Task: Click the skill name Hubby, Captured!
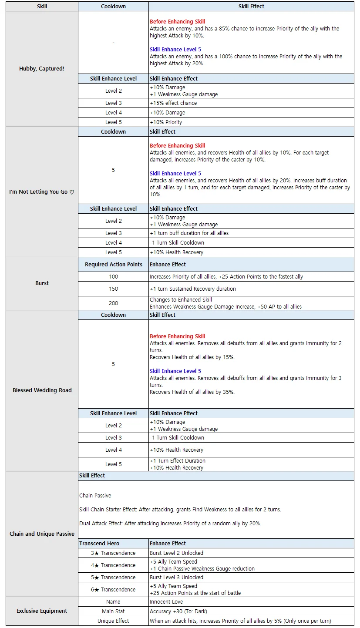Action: point(42,69)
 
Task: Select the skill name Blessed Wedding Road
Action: point(42,390)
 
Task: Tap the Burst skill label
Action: point(42,283)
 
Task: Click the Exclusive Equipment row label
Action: point(42,611)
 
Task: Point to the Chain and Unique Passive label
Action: point(42,534)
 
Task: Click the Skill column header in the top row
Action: point(42,7)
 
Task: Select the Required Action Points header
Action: point(113,264)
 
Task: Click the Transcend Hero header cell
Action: point(99,543)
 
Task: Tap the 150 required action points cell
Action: point(113,289)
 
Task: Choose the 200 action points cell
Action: point(113,303)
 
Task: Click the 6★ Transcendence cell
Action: point(113,589)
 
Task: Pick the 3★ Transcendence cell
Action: point(113,553)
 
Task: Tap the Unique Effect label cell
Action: point(113,621)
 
